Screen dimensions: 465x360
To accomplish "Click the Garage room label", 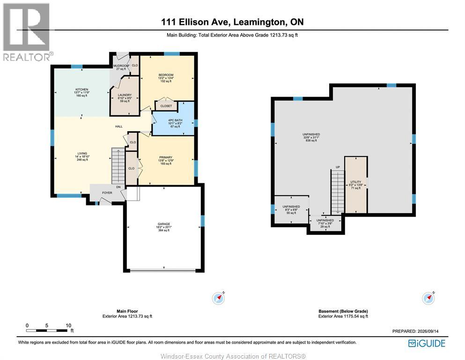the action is click(x=164, y=224).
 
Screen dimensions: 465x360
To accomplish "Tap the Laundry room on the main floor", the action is click(x=125, y=96).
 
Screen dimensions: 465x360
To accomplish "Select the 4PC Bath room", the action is click(x=173, y=119).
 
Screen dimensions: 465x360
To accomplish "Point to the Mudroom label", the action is click(x=121, y=66).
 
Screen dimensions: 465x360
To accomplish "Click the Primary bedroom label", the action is click(x=166, y=157).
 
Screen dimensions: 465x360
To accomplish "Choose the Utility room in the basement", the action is click(x=356, y=185).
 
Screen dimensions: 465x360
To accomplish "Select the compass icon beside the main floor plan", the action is click(x=219, y=298).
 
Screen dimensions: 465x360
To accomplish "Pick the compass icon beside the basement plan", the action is click(x=428, y=298).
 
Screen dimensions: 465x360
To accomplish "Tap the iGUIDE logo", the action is click(x=427, y=344).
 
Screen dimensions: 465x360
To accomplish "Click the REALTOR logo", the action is click(x=27, y=32).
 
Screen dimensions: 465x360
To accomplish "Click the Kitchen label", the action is click(x=82, y=90).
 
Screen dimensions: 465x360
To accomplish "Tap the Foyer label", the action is click(x=107, y=193).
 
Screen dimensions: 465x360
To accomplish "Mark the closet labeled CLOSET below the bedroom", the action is click(x=166, y=106).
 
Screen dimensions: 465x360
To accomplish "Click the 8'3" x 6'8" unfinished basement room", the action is click(x=291, y=210).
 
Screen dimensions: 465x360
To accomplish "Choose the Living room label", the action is click(x=82, y=153).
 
